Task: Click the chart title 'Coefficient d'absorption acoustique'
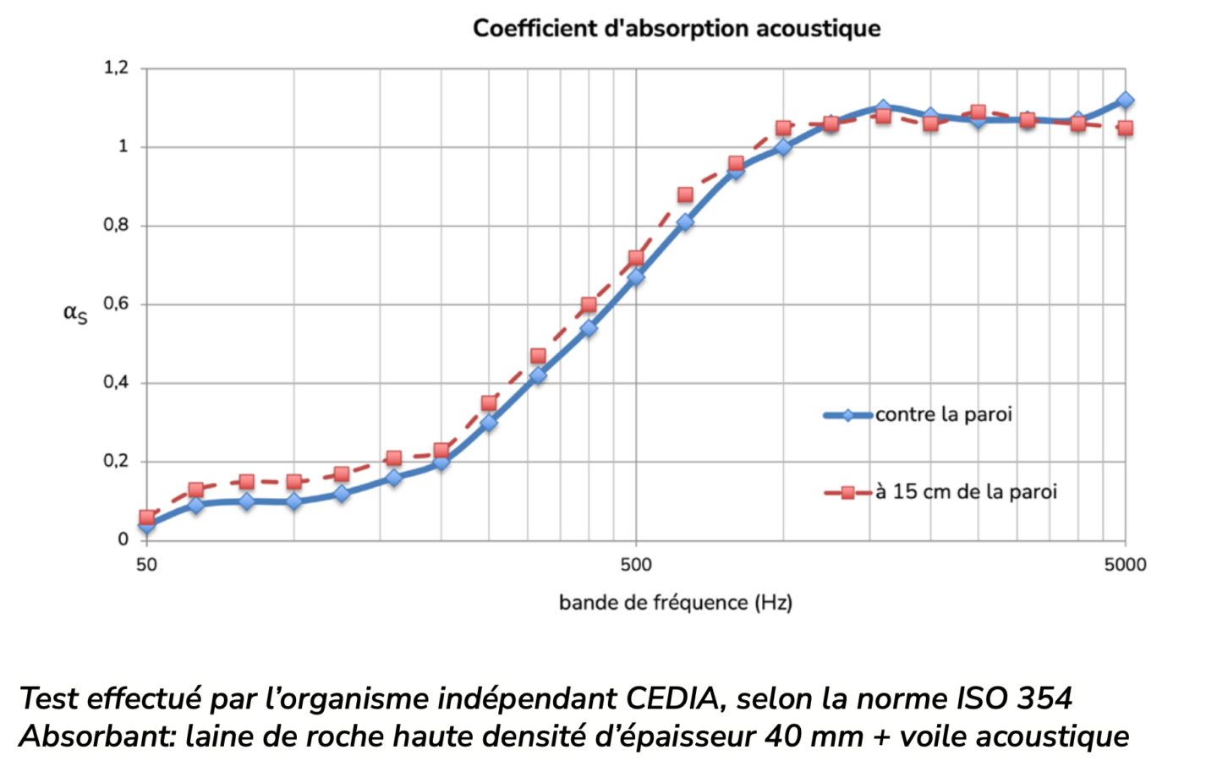677,29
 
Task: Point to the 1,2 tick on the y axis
116,68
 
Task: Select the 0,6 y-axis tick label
116,304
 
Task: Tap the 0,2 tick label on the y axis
116,461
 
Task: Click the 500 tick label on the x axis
636,565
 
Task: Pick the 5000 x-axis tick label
1125,565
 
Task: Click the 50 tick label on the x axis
146,565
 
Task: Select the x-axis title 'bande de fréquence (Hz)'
675,603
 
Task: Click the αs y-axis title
75,314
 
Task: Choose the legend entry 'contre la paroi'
943,414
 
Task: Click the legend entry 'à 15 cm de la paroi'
966,492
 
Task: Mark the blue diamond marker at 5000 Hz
1125,100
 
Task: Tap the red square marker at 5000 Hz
1125,129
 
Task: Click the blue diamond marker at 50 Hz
147,526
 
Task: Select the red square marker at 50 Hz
147,517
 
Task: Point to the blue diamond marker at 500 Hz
636,276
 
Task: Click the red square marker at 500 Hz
636,258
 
